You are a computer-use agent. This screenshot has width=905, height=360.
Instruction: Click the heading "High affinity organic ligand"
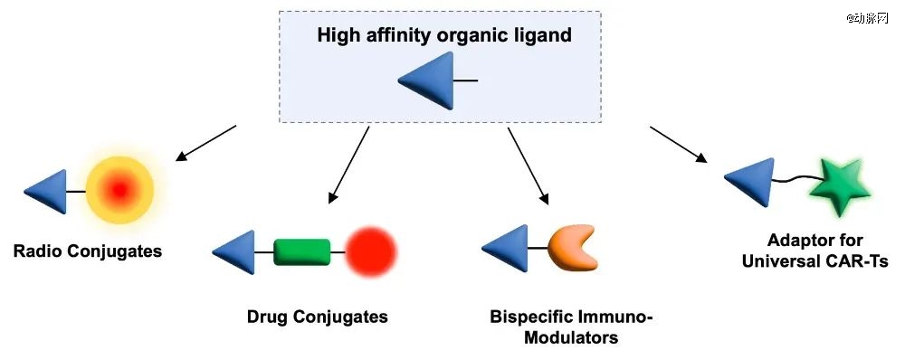443,35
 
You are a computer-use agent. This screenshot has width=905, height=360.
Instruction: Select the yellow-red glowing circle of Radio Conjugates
119,190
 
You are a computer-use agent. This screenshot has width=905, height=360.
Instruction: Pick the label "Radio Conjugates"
87,251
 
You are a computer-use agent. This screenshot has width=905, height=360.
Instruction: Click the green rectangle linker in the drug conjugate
302,252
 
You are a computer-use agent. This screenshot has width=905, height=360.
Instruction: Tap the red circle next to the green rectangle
370,252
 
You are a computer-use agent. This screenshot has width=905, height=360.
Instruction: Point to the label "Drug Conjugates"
317,317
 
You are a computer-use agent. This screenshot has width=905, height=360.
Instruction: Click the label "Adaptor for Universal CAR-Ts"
815,250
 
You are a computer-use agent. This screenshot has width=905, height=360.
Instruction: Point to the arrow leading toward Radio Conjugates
205,143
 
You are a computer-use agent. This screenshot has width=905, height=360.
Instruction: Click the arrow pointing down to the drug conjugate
348,165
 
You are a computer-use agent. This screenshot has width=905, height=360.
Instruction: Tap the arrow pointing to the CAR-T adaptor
679,144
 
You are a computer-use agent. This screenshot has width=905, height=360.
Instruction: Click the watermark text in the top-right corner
867,18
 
